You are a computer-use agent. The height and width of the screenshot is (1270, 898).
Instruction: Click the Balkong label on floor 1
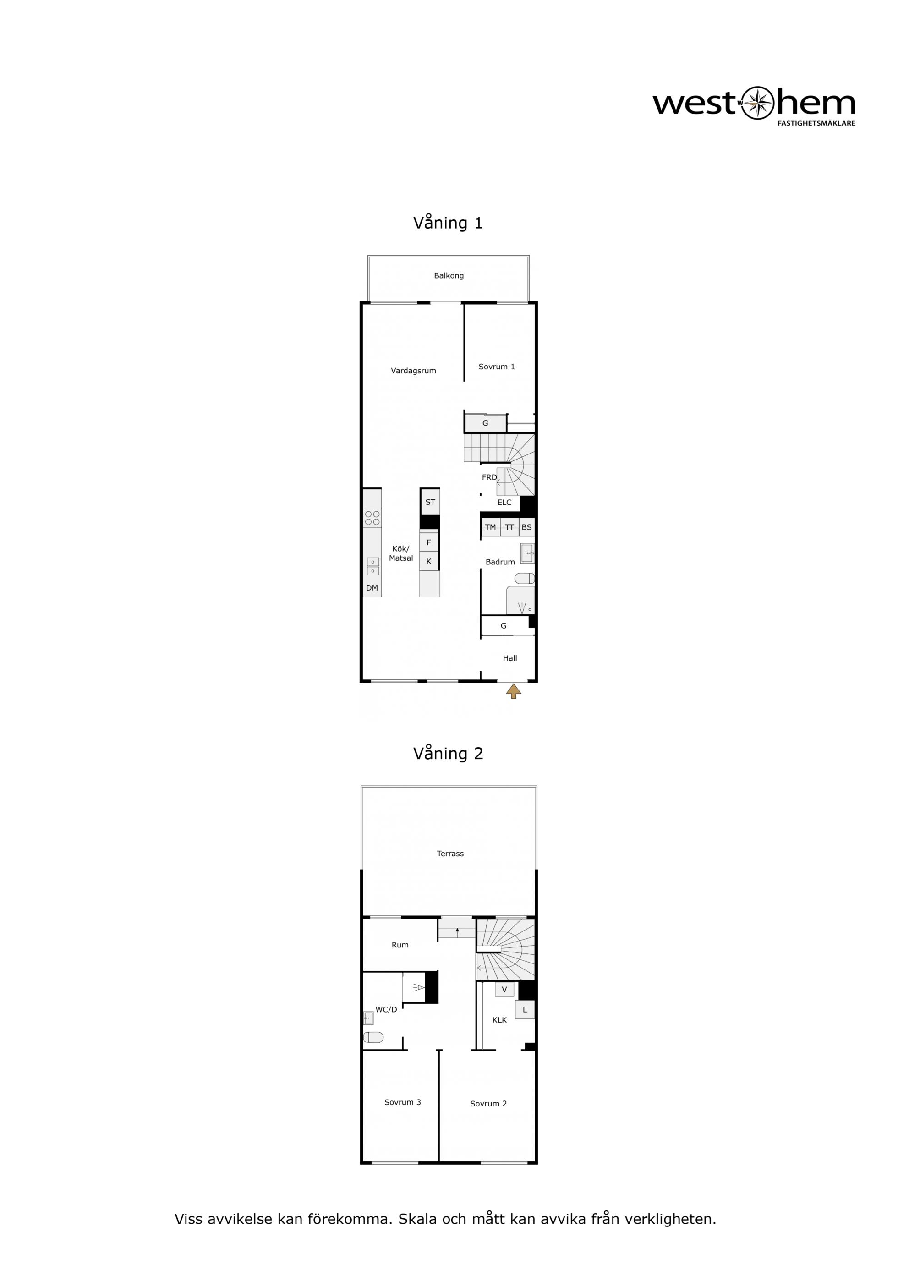(449, 275)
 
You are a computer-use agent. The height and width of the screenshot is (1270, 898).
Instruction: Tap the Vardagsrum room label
(413, 371)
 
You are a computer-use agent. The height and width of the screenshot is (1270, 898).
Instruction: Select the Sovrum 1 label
(496, 367)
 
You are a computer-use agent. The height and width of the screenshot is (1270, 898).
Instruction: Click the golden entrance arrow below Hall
(514, 691)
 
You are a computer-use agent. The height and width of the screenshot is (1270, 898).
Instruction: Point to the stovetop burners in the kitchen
(372, 518)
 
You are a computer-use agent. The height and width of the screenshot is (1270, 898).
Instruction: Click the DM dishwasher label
(372, 588)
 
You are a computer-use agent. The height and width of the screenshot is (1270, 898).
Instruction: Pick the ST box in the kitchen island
(430, 502)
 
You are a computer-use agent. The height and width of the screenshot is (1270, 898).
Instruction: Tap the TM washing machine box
(490, 527)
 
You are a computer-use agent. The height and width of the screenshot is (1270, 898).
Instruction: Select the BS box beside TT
(527, 527)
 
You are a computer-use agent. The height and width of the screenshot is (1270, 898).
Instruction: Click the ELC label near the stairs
(504, 503)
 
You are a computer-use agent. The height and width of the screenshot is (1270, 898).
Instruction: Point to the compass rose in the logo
(756, 103)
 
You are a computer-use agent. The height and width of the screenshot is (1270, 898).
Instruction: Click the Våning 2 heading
(448, 753)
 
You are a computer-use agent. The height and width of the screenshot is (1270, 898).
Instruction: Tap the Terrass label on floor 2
(450, 854)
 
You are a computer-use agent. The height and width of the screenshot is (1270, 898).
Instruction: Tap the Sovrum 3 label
(402, 1102)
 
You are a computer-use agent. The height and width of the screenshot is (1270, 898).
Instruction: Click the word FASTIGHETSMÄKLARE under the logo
(816, 123)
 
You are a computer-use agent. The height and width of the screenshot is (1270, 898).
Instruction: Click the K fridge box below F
(429, 561)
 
